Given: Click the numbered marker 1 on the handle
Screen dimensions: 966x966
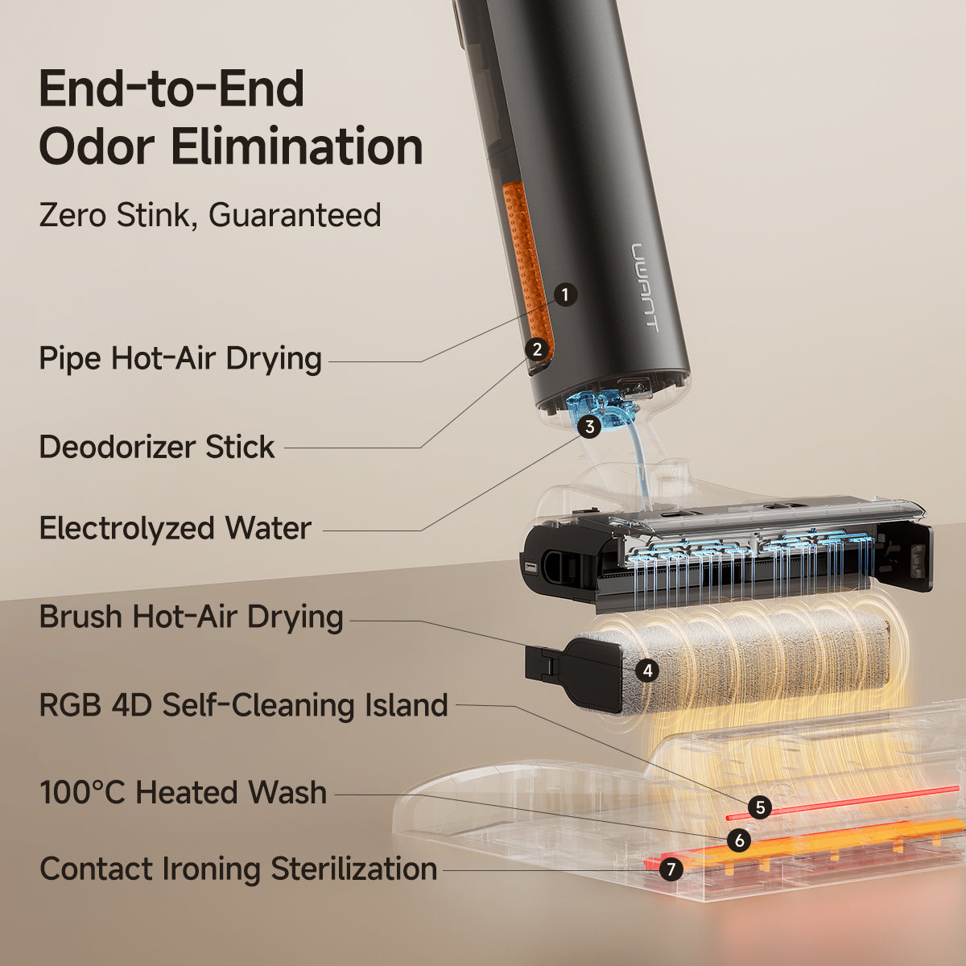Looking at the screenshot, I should click(565, 295).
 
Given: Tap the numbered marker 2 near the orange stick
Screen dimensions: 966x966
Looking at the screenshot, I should click(537, 349).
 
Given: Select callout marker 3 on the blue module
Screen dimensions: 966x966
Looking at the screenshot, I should click(589, 426).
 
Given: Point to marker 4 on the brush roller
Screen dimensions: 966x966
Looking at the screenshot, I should click(646, 670).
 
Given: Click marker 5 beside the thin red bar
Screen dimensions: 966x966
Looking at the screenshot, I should click(758, 807).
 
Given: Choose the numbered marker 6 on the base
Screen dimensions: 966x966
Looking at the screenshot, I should click(738, 840).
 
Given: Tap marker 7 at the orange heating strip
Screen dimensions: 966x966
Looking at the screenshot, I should click(671, 869).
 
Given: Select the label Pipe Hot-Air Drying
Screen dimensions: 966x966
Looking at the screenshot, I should click(180, 358).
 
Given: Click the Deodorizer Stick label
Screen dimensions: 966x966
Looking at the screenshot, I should click(157, 447).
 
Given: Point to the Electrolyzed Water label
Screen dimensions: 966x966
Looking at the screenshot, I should click(175, 528).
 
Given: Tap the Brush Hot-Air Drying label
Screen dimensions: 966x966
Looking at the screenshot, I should click(191, 617).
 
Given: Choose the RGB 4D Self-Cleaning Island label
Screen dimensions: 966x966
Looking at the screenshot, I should click(243, 705).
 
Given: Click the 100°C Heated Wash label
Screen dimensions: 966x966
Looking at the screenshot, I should click(183, 792).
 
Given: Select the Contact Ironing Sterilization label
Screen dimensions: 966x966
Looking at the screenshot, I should click(238, 869).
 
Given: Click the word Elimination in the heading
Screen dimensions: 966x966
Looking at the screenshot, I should click(297, 147).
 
